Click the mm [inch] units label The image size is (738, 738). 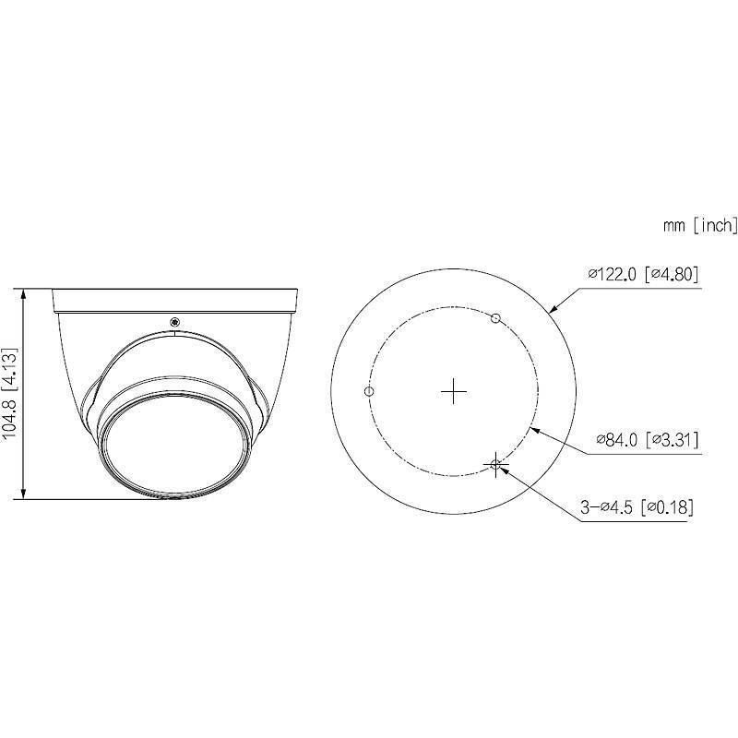point(700,224)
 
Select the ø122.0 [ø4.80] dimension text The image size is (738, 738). point(643,274)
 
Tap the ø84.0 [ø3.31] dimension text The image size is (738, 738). point(647,439)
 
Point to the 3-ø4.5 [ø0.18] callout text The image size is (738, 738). point(637,506)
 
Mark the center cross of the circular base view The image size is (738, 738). point(453,392)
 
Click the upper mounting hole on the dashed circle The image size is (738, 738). point(495,318)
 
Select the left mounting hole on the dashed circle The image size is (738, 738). point(369,391)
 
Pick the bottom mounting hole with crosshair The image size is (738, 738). point(496,465)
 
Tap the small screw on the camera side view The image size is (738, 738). point(174,321)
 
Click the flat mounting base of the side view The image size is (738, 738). point(174,298)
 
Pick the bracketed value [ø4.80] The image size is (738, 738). point(673,274)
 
